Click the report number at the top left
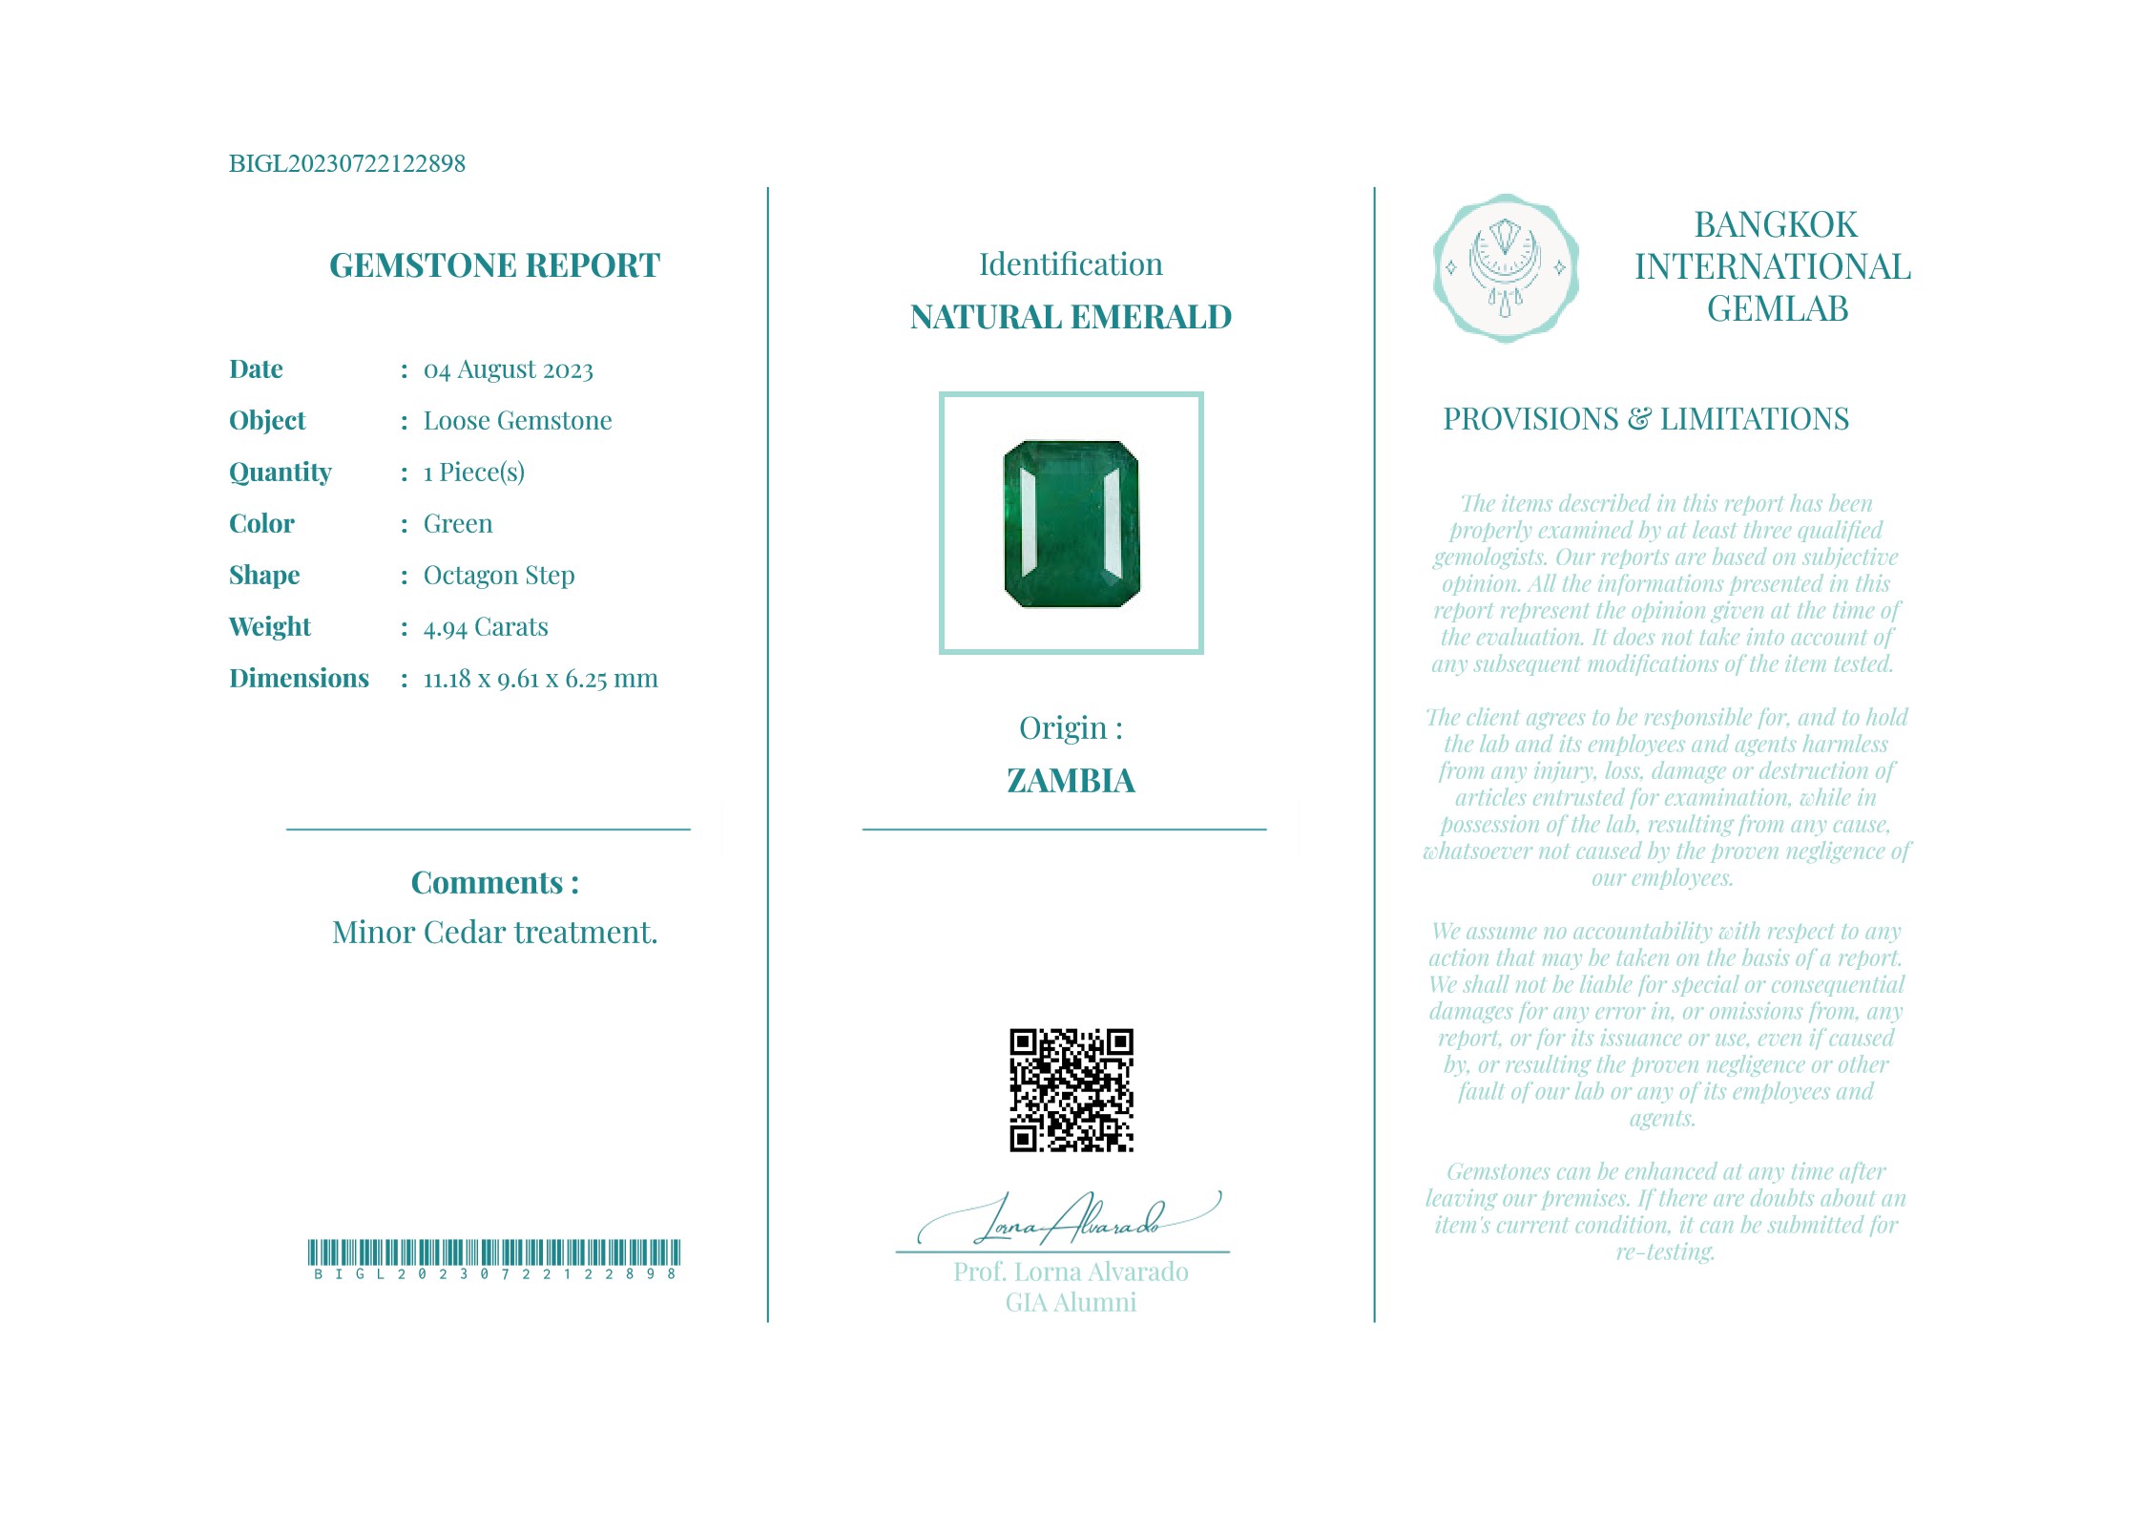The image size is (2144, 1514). point(346,163)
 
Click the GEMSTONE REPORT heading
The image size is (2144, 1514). point(494,265)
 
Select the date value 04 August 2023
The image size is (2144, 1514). point(508,369)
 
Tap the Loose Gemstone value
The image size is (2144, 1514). point(517,421)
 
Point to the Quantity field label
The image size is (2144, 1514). point(281,473)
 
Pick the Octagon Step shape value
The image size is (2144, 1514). point(499,576)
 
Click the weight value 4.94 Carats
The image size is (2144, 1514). point(486,627)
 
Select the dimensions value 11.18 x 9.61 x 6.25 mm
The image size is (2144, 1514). point(540,679)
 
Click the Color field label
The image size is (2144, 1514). point(261,524)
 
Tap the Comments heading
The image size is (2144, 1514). point(494,883)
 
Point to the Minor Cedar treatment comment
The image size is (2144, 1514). point(494,933)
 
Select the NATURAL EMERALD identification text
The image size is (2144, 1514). point(1071,317)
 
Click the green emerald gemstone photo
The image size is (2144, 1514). point(1072,524)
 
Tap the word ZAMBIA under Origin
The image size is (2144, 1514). point(1071,781)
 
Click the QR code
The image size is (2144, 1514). point(1072,1090)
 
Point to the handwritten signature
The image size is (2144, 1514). point(1069,1219)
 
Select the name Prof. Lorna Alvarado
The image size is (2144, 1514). point(1071,1272)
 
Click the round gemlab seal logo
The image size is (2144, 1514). point(1505,268)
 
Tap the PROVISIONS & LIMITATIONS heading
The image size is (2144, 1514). point(1645,419)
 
